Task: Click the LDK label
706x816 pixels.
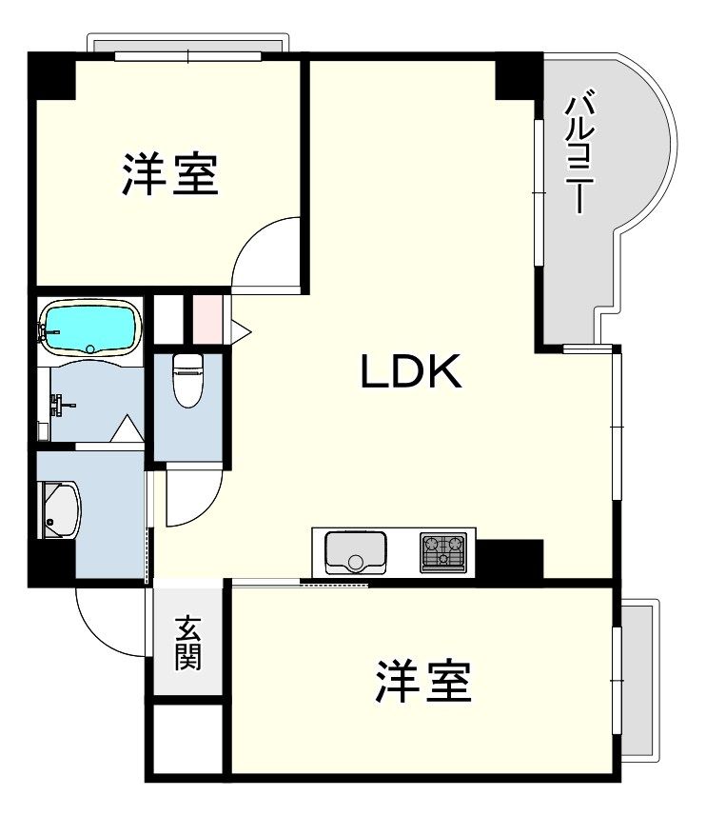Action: [x=411, y=372]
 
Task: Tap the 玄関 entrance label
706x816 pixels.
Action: [x=188, y=644]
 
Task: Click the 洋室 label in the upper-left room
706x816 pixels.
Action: [x=170, y=175]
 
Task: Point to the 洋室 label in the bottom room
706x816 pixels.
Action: [x=423, y=682]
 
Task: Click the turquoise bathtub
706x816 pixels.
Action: [x=90, y=327]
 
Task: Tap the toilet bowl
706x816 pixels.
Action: [x=188, y=379]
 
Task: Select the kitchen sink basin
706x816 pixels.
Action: [x=355, y=551]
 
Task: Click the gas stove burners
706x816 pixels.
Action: [x=444, y=551]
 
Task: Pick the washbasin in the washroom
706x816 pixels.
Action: [x=59, y=511]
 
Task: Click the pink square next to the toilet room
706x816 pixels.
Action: [x=206, y=319]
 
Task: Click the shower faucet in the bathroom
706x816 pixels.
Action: [x=62, y=406]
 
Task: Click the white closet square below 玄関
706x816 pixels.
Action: [x=187, y=742]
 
